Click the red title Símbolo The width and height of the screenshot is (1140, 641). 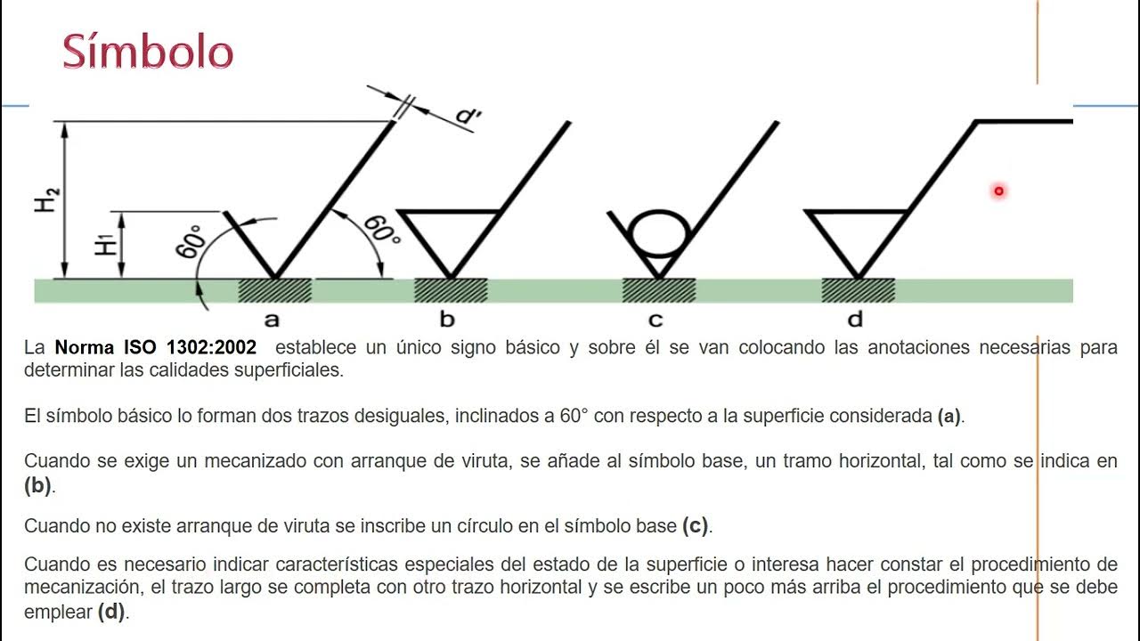coord(148,53)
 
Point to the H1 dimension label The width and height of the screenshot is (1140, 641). coord(106,242)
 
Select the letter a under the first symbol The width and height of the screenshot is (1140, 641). coord(272,320)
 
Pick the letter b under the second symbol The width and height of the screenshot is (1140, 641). coord(447,320)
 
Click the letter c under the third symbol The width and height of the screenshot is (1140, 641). coord(656,320)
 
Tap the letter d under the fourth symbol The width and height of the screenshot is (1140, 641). coord(856,319)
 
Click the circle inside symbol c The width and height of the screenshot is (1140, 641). coord(659,234)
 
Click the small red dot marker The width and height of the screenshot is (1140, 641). coord(998,191)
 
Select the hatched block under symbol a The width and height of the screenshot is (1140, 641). coord(274,290)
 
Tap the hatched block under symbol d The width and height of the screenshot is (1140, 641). coord(858,290)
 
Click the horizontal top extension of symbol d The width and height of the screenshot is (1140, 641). coord(1024,120)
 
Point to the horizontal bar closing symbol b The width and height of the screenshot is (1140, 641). coord(449,212)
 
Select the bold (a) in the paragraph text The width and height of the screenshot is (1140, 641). coord(949,416)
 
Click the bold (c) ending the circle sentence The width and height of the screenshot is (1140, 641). coord(695,525)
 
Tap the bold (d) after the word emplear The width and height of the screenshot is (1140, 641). coord(111,612)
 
